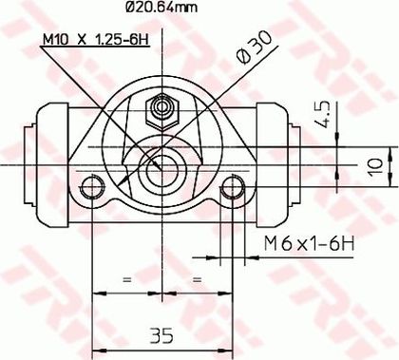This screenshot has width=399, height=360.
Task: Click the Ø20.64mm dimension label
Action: click(x=161, y=7)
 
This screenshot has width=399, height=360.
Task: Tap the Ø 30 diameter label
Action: click(x=254, y=47)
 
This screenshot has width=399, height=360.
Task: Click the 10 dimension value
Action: click(x=376, y=166)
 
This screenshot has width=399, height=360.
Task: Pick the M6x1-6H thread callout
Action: click(x=309, y=243)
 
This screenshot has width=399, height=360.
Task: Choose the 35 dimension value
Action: click(x=161, y=335)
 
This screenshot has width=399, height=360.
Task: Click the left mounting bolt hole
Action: click(x=92, y=187)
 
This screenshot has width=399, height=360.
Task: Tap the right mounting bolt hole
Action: click(x=233, y=187)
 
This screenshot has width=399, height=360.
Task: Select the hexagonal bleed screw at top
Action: click(x=162, y=112)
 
